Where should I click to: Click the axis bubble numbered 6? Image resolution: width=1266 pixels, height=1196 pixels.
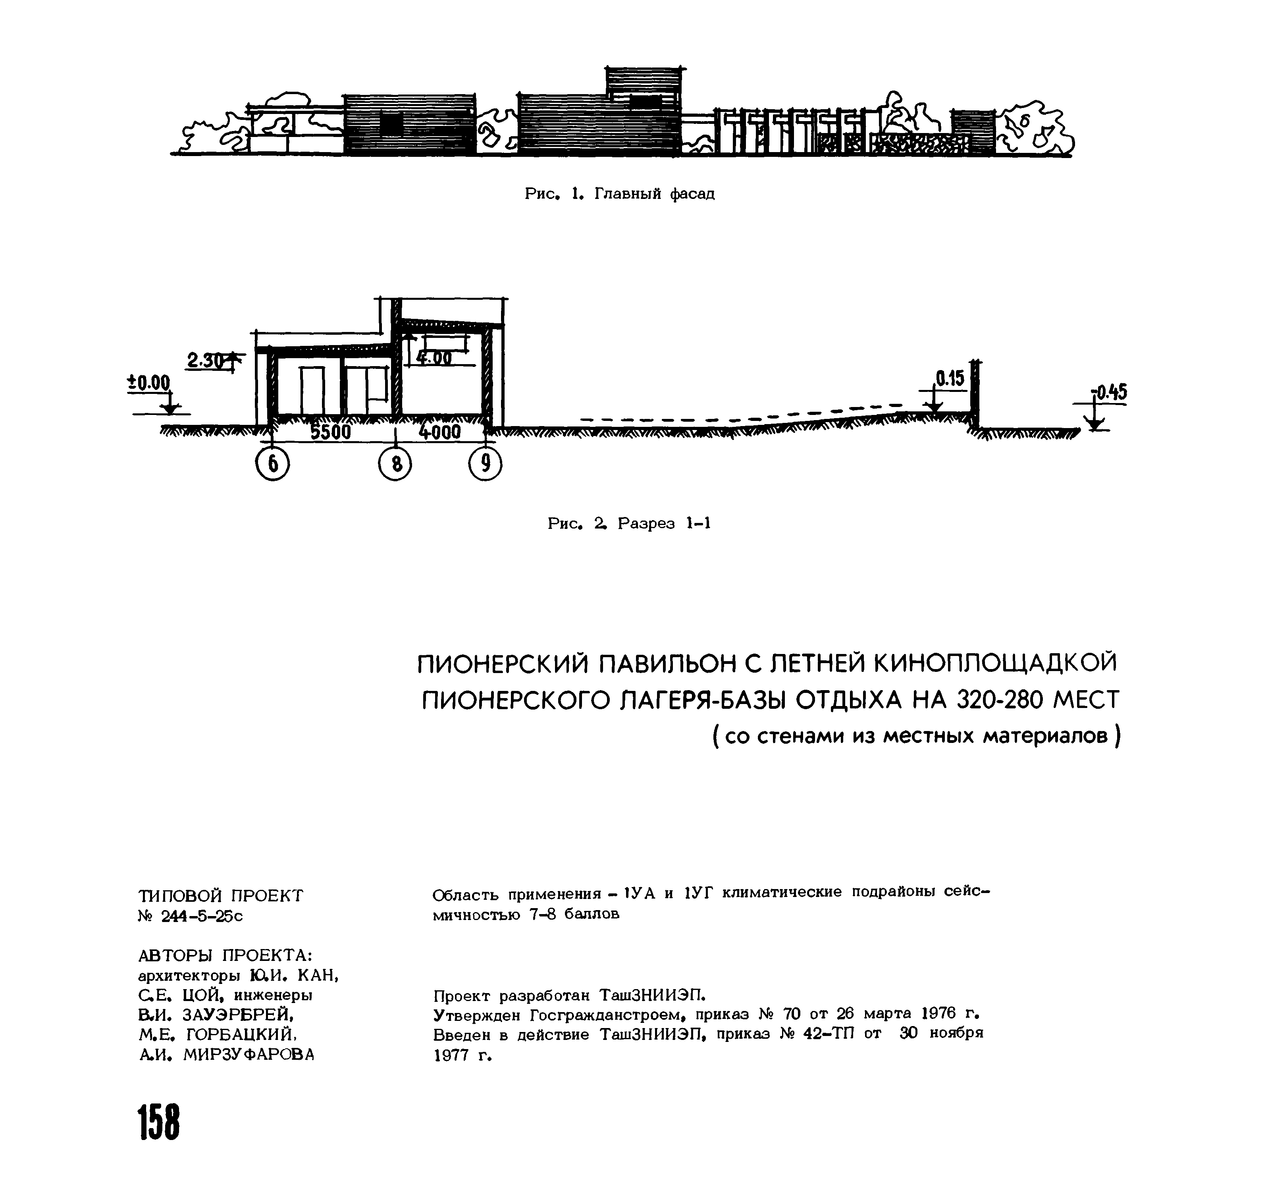pyautogui.click(x=272, y=464)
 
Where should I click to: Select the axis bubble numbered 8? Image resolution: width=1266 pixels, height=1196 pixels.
pyautogui.click(x=395, y=464)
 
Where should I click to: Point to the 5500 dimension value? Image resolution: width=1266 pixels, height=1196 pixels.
pyautogui.click(x=330, y=432)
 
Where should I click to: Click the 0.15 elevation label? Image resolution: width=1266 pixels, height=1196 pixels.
pyautogui.click(x=950, y=379)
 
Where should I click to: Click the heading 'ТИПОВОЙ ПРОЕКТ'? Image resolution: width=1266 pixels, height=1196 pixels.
pyautogui.click(x=221, y=896)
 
